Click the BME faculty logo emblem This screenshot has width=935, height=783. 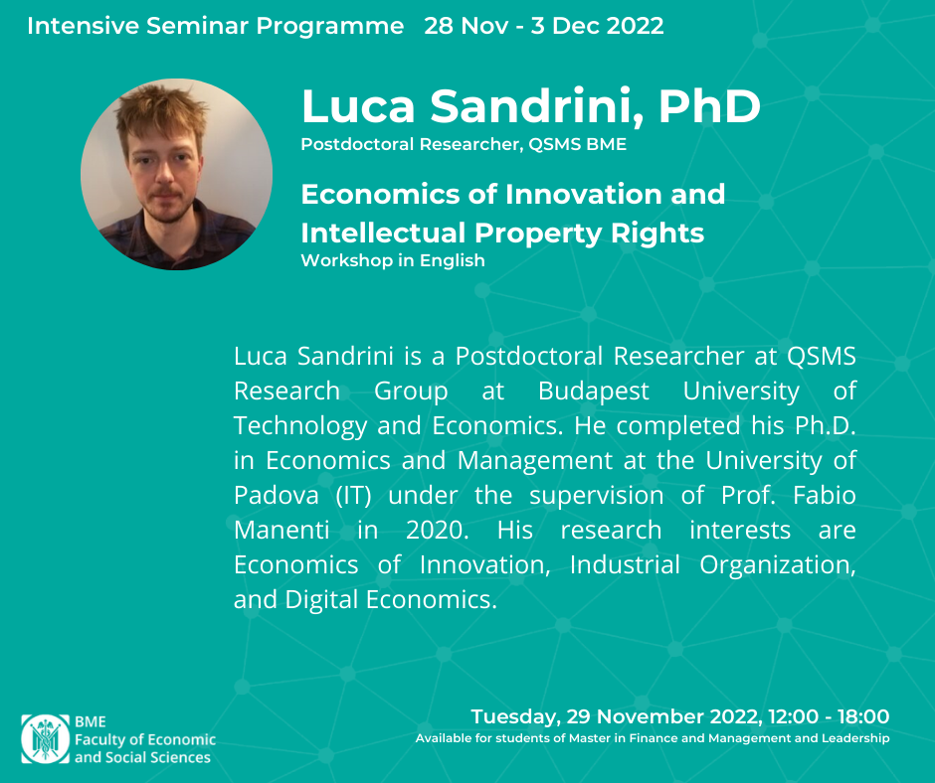(46, 739)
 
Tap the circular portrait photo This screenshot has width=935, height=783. (176, 175)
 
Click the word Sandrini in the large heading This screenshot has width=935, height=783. (535, 106)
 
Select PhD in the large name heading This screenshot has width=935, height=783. (709, 106)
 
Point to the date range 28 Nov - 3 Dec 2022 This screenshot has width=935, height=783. (544, 26)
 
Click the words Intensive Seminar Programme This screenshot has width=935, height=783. (215, 26)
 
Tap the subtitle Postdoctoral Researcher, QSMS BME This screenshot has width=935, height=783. (464, 144)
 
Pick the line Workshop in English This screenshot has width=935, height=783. (392, 260)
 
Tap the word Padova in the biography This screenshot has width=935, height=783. (277, 495)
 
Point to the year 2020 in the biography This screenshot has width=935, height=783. (437, 531)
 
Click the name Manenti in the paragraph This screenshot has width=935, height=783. (281, 531)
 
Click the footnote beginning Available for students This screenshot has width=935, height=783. (653, 738)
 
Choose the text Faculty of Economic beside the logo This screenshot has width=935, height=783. (145, 739)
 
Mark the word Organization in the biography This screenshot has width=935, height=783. (777, 565)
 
